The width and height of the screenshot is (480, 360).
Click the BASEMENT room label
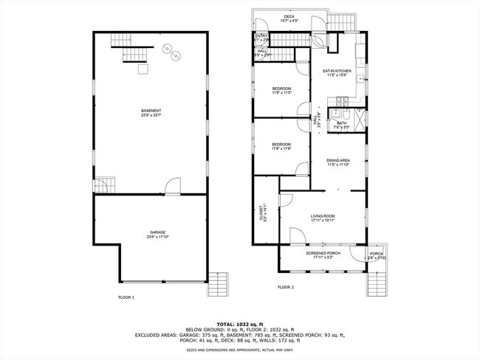151,111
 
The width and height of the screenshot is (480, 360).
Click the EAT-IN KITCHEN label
336,72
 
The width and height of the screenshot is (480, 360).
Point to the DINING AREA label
338,160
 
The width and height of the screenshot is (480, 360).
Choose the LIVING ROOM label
323,215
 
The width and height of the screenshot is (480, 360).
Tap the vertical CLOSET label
261,214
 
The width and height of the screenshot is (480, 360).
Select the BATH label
342,123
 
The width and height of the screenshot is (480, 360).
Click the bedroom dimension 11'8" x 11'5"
281,94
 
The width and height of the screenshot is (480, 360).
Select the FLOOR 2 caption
286,286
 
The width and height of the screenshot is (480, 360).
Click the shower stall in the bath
359,119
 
